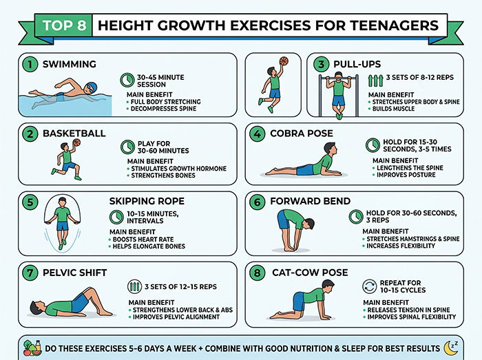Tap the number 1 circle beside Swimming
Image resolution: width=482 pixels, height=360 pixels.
[29, 65]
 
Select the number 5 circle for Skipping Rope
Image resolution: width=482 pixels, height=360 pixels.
[29, 202]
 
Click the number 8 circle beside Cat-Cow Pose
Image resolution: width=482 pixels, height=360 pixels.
[257, 273]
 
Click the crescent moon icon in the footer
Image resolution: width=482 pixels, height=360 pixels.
[452, 347]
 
